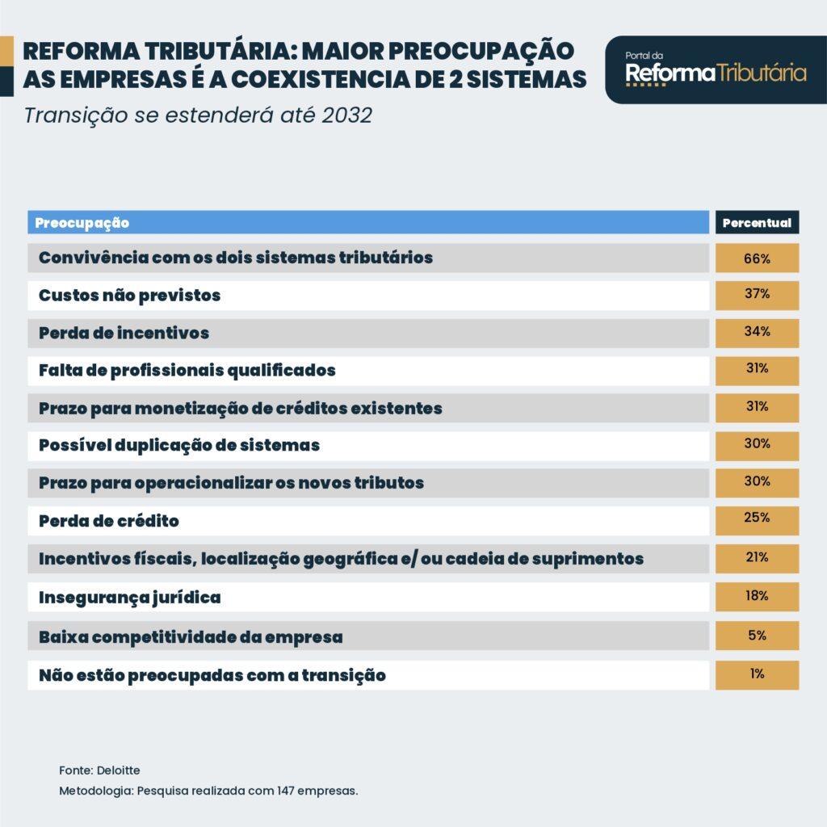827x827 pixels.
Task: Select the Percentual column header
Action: point(757,222)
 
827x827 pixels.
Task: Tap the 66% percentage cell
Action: point(757,258)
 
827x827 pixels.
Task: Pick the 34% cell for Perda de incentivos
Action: point(757,333)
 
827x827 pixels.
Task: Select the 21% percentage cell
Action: point(757,559)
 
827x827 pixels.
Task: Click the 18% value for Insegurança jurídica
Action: point(757,597)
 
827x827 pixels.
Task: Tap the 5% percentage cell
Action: point(757,636)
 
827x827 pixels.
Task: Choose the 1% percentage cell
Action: point(757,674)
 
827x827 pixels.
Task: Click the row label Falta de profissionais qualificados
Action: point(187,371)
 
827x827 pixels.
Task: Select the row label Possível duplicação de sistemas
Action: point(179,446)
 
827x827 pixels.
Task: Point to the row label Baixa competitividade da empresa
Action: point(191,637)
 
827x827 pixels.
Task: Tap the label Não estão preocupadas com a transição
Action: point(212,676)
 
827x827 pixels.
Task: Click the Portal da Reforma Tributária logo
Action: point(716,69)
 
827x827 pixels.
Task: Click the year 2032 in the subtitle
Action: point(347,115)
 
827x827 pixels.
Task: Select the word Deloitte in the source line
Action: point(120,770)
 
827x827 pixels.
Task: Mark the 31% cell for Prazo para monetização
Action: point(757,408)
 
